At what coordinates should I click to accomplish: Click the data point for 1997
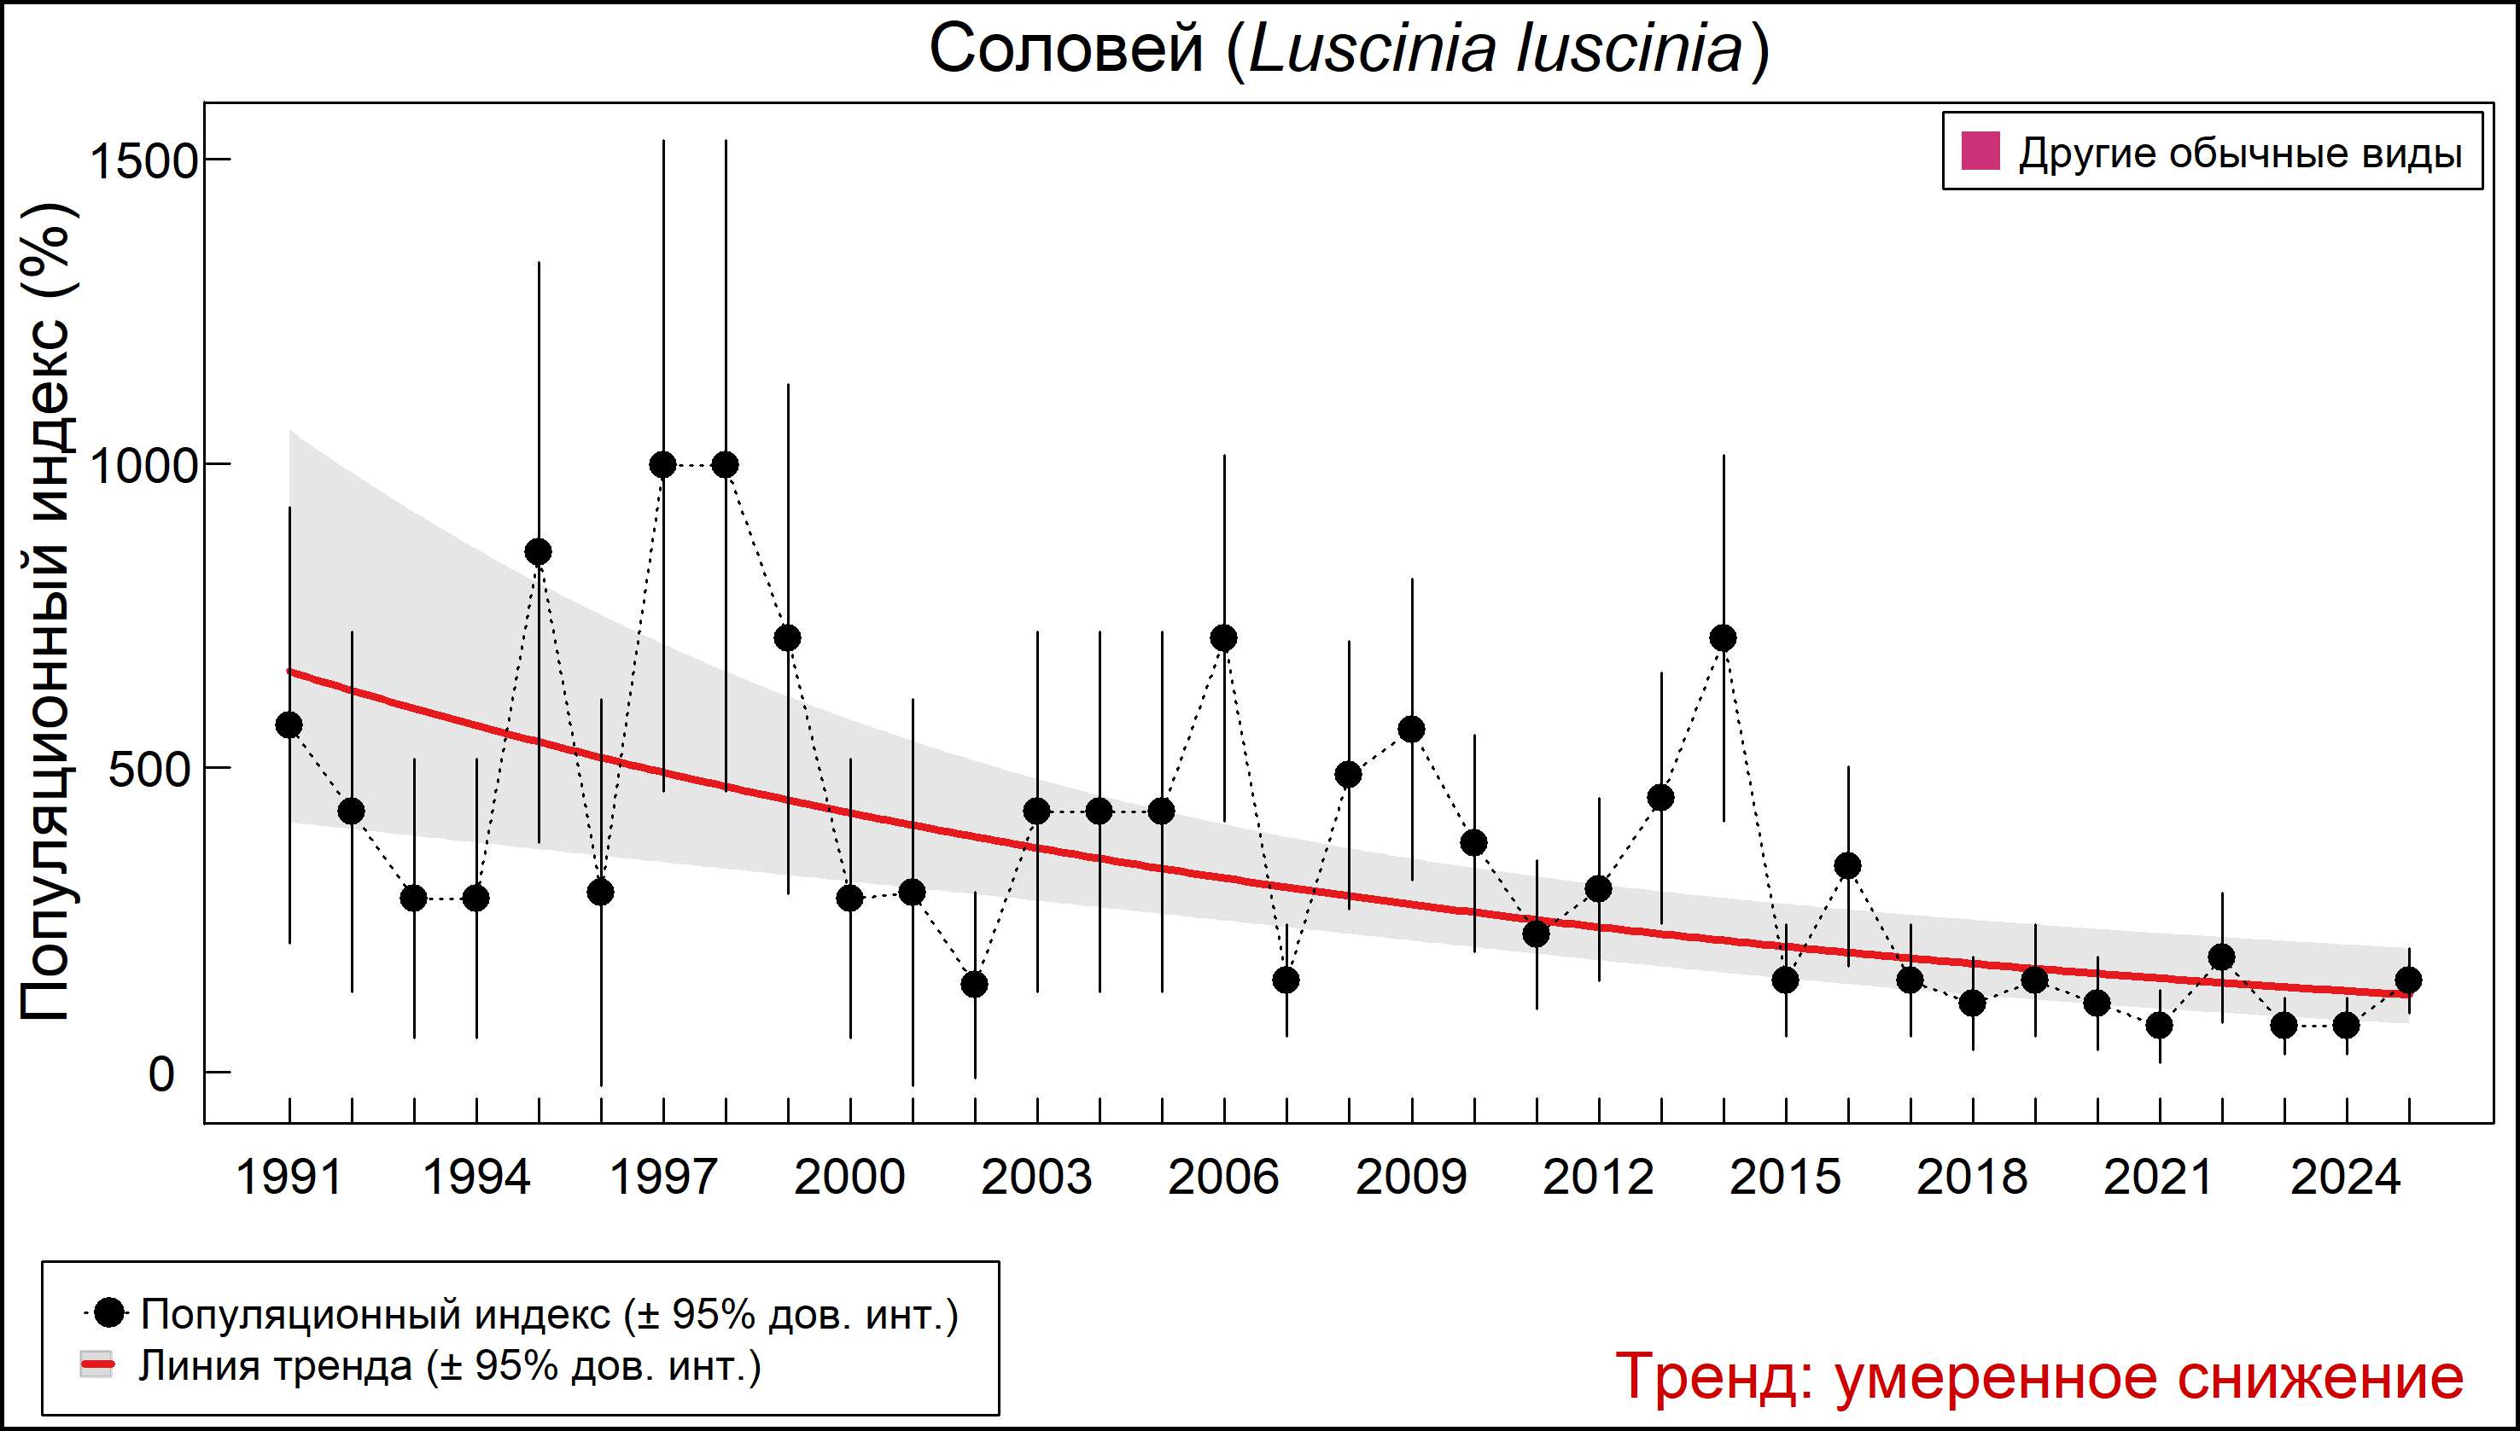[x=662, y=465]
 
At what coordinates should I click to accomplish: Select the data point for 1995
[x=539, y=552]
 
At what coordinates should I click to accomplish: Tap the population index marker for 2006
[x=1224, y=639]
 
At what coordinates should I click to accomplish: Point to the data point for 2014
[x=1723, y=639]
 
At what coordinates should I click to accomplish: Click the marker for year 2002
[x=974, y=985]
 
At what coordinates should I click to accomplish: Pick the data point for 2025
[x=2409, y=980]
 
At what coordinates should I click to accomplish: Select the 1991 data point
[x=289, y=725]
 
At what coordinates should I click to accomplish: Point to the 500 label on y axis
[x=149, y=770]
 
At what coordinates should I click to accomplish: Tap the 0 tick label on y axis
[x=161, y=1074]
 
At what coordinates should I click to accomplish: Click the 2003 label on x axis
[x=1036, y=1178]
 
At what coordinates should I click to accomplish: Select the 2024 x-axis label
[x=2346, y=1178]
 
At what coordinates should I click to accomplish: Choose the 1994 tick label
[x=475, y=1178]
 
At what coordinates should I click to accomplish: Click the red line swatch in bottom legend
[x=97, y=1365]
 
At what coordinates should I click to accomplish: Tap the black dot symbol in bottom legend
[x=112, y=1312]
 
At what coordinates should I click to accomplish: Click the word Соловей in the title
[x=1066, y=49]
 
